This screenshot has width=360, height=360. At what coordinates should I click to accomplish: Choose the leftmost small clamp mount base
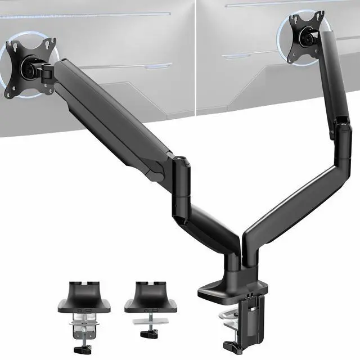[x=87, y=298]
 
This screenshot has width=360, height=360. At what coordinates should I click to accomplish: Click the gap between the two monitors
[x=195, y=56]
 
